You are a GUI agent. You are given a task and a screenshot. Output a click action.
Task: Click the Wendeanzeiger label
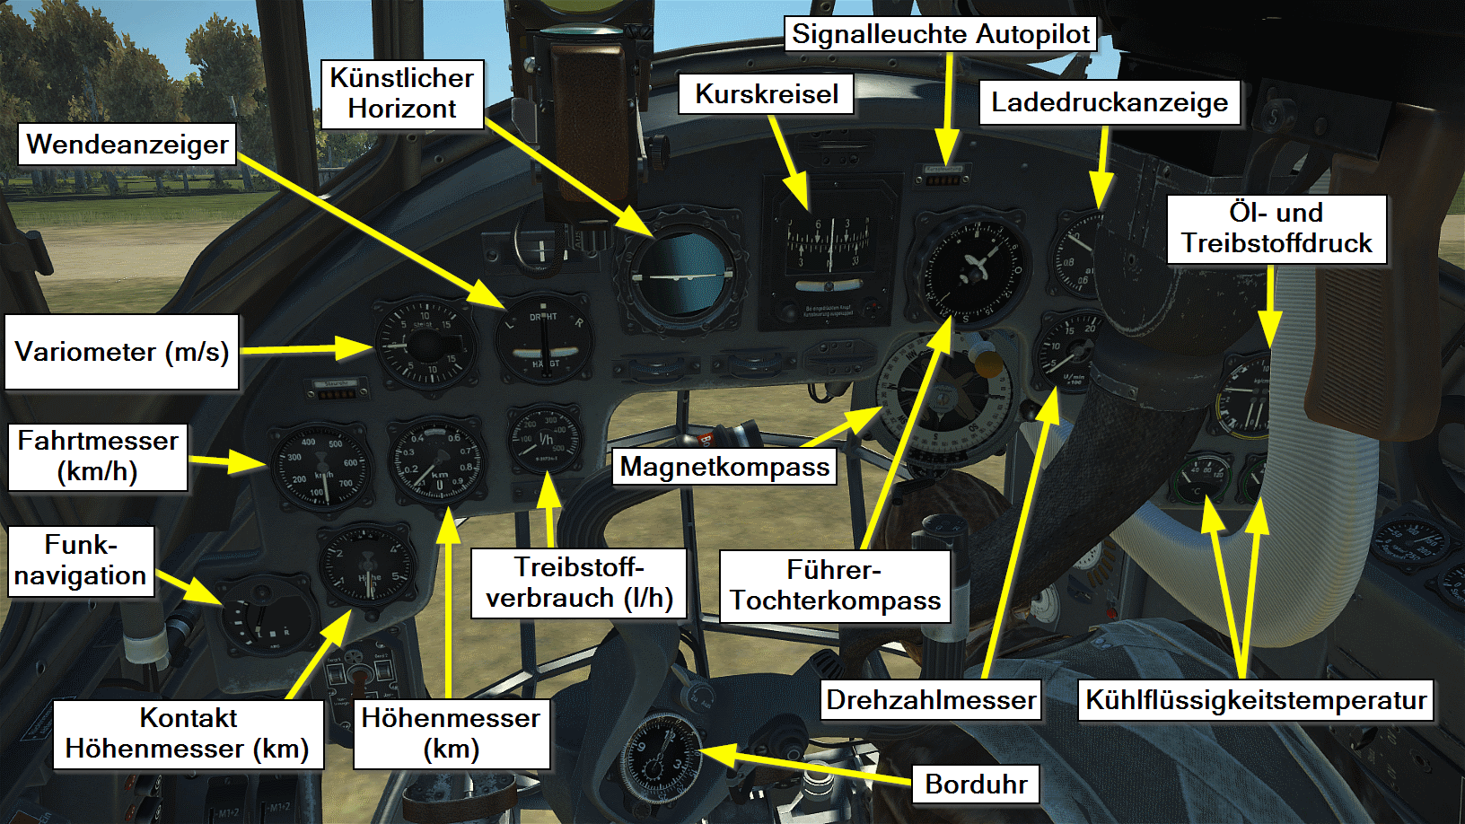pos(127,145)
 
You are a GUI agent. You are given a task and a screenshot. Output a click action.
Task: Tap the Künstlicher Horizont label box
pos(401,93)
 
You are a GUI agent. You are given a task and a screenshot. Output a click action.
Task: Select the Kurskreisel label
pos(766,94)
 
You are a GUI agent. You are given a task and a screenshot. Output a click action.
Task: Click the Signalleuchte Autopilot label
pos(941,34)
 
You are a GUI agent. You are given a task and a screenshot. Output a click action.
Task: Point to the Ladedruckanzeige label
pos(1109,102)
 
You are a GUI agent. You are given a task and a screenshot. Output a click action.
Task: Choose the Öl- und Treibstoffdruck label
pos(1276,228)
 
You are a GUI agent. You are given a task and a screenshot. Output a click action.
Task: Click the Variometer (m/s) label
pos(122,351)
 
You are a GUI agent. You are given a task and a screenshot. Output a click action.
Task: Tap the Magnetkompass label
pos(724,467)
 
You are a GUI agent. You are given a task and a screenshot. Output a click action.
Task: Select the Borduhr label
pos(976,784)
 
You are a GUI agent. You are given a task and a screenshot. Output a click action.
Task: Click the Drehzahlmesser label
pos(931,700)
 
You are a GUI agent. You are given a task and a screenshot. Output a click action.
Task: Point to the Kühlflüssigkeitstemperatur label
pos(1255,700)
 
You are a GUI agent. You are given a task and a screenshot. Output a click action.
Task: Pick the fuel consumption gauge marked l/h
pos(545,440)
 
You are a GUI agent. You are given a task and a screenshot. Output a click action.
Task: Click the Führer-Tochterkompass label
pos(835,585)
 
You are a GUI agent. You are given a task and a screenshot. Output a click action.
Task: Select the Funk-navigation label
pos(81,561)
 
